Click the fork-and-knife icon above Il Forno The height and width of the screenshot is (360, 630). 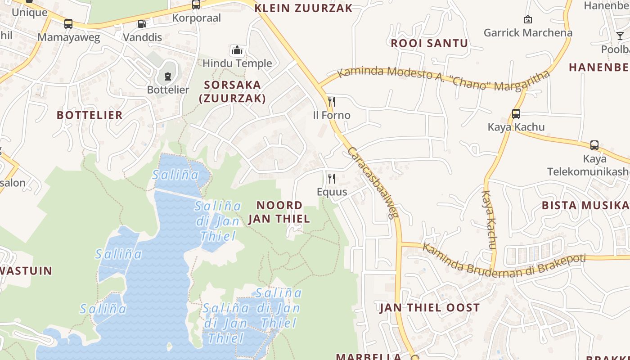(332, 101)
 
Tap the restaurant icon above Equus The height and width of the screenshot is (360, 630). (332, 178)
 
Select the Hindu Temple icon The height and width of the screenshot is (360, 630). (237, 50)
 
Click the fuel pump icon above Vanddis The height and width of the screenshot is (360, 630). (142, 24)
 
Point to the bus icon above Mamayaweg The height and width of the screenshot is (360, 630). (68, 24)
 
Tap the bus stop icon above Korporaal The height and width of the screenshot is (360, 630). (196, 4)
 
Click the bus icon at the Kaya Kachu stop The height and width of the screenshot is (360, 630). (516, 114)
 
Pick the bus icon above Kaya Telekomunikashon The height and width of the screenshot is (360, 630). (594, 145)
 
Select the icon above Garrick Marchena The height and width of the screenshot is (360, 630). (528, 19)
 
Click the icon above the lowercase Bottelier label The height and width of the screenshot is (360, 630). (168, 76)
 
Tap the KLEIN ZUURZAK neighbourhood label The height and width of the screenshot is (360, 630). (303, 8)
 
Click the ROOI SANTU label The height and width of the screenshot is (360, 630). (429, 43)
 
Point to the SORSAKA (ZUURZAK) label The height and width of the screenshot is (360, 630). (232, 91)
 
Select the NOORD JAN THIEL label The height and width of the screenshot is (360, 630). (279, 212)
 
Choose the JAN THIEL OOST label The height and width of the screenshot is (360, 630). (429, 308)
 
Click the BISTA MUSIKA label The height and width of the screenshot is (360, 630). (585, 205)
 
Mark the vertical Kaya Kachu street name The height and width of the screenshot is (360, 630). (489, 220)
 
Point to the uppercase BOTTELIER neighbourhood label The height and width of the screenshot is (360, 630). (90, 115)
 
